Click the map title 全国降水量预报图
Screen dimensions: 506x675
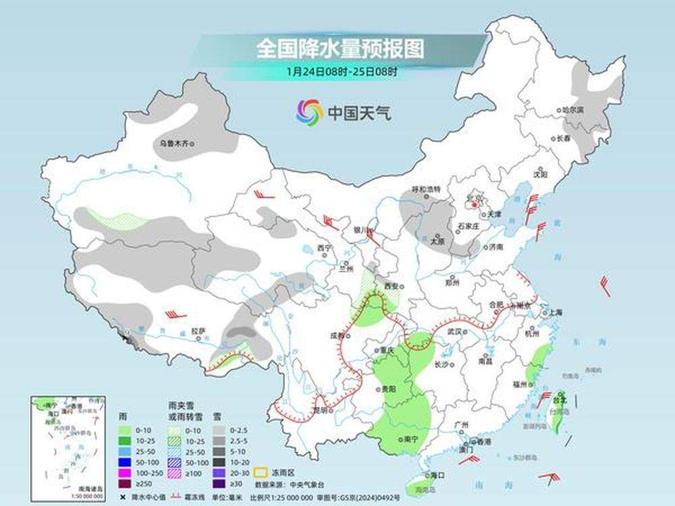click(x=340, y=49)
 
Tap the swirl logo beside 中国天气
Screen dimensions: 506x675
click(x=309, y=111)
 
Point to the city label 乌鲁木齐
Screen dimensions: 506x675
click(x=177, y=143)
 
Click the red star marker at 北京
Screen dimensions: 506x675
click(x=475, y=203)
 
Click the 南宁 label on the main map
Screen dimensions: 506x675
click(x=409, y=439)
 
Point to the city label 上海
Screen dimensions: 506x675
click(x=556, y=312)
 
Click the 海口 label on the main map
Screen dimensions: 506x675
click(x=437, y=475)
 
